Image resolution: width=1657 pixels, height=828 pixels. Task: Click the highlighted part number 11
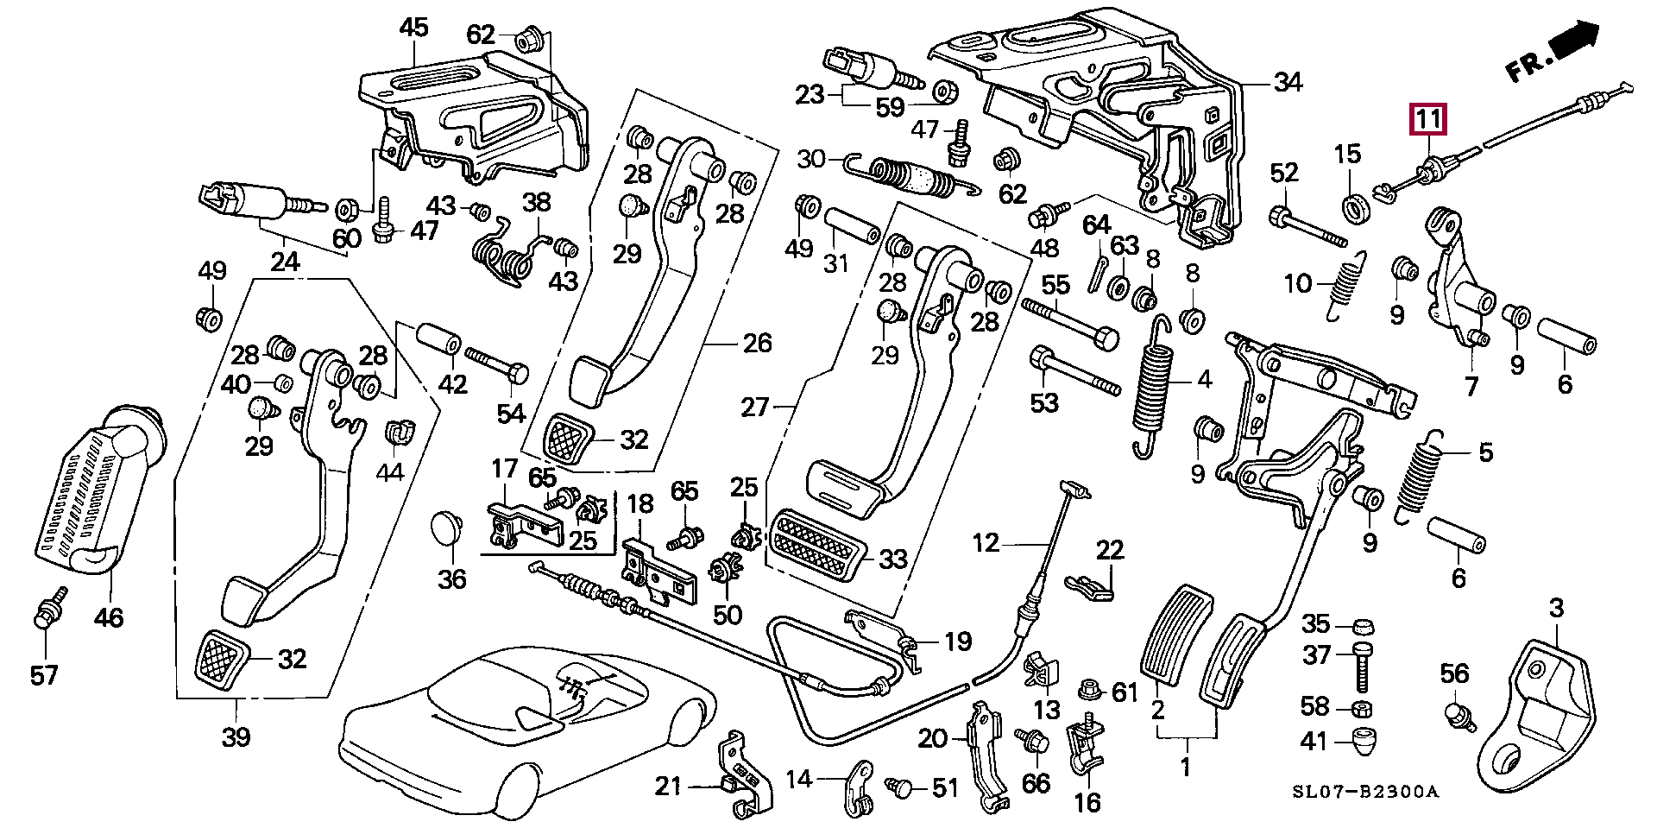[1427, 119]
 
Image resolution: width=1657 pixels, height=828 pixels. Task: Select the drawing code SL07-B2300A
[1364, 792]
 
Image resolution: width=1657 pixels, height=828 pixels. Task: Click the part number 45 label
[414, 28]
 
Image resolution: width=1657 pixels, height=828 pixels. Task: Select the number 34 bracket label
[1288, 83]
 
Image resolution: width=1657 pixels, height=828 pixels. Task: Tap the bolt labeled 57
[45, 615]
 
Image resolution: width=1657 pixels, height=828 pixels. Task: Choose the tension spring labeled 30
[915, 178]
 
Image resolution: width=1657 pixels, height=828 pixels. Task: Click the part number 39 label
[236, 736]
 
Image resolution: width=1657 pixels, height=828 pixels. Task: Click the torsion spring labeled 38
[509, 254]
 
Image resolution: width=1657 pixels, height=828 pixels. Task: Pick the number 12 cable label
[986, 543]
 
